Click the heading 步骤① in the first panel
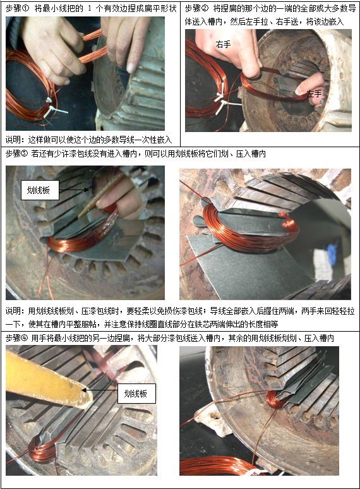17,8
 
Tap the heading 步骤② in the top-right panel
196,8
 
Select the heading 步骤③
17,154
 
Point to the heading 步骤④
17,339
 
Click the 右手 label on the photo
223,45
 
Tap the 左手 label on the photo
314,94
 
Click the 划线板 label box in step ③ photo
40,190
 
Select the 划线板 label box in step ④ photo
136,394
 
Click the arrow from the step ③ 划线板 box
74,190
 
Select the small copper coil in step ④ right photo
274,400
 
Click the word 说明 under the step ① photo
13,140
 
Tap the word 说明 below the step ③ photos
13,311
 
